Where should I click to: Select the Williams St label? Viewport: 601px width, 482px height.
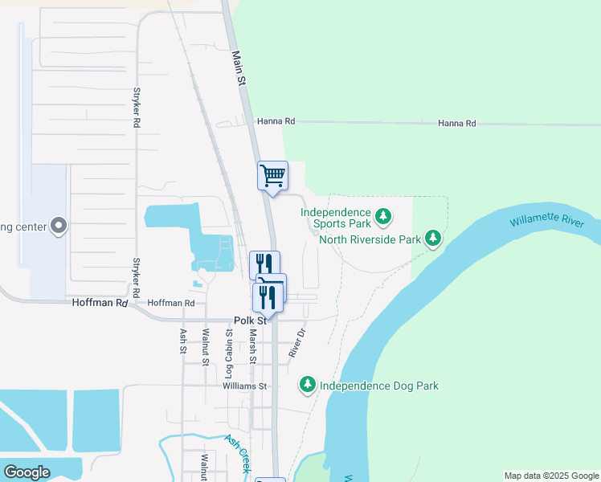click(x=246, y=386)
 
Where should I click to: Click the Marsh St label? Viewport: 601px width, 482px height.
click(x=252, y=346)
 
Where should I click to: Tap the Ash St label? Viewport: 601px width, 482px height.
click(x=184, y=342)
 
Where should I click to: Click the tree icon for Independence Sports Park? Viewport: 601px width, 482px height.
click(x=385, y=215)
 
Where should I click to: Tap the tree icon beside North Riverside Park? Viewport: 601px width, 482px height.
click(x=433, y=238)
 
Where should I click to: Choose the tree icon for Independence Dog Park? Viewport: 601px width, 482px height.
click(x=307, y=386)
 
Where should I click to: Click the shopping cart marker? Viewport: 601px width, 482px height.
click(x=272, y=174)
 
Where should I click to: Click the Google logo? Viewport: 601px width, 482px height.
click(x=27, y=472)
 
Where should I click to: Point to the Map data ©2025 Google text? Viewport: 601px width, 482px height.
click(x=552, y=476)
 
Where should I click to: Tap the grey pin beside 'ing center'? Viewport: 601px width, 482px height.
click(x=58, y=227)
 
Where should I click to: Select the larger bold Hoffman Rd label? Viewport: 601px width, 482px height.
click(x=100, y=303)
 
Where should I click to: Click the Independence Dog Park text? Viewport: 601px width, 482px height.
click(x=379, y=386)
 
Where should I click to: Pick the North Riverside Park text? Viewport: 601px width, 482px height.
click(x=370, y=239)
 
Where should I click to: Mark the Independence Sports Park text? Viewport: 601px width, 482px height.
click(x=337, y=218)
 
